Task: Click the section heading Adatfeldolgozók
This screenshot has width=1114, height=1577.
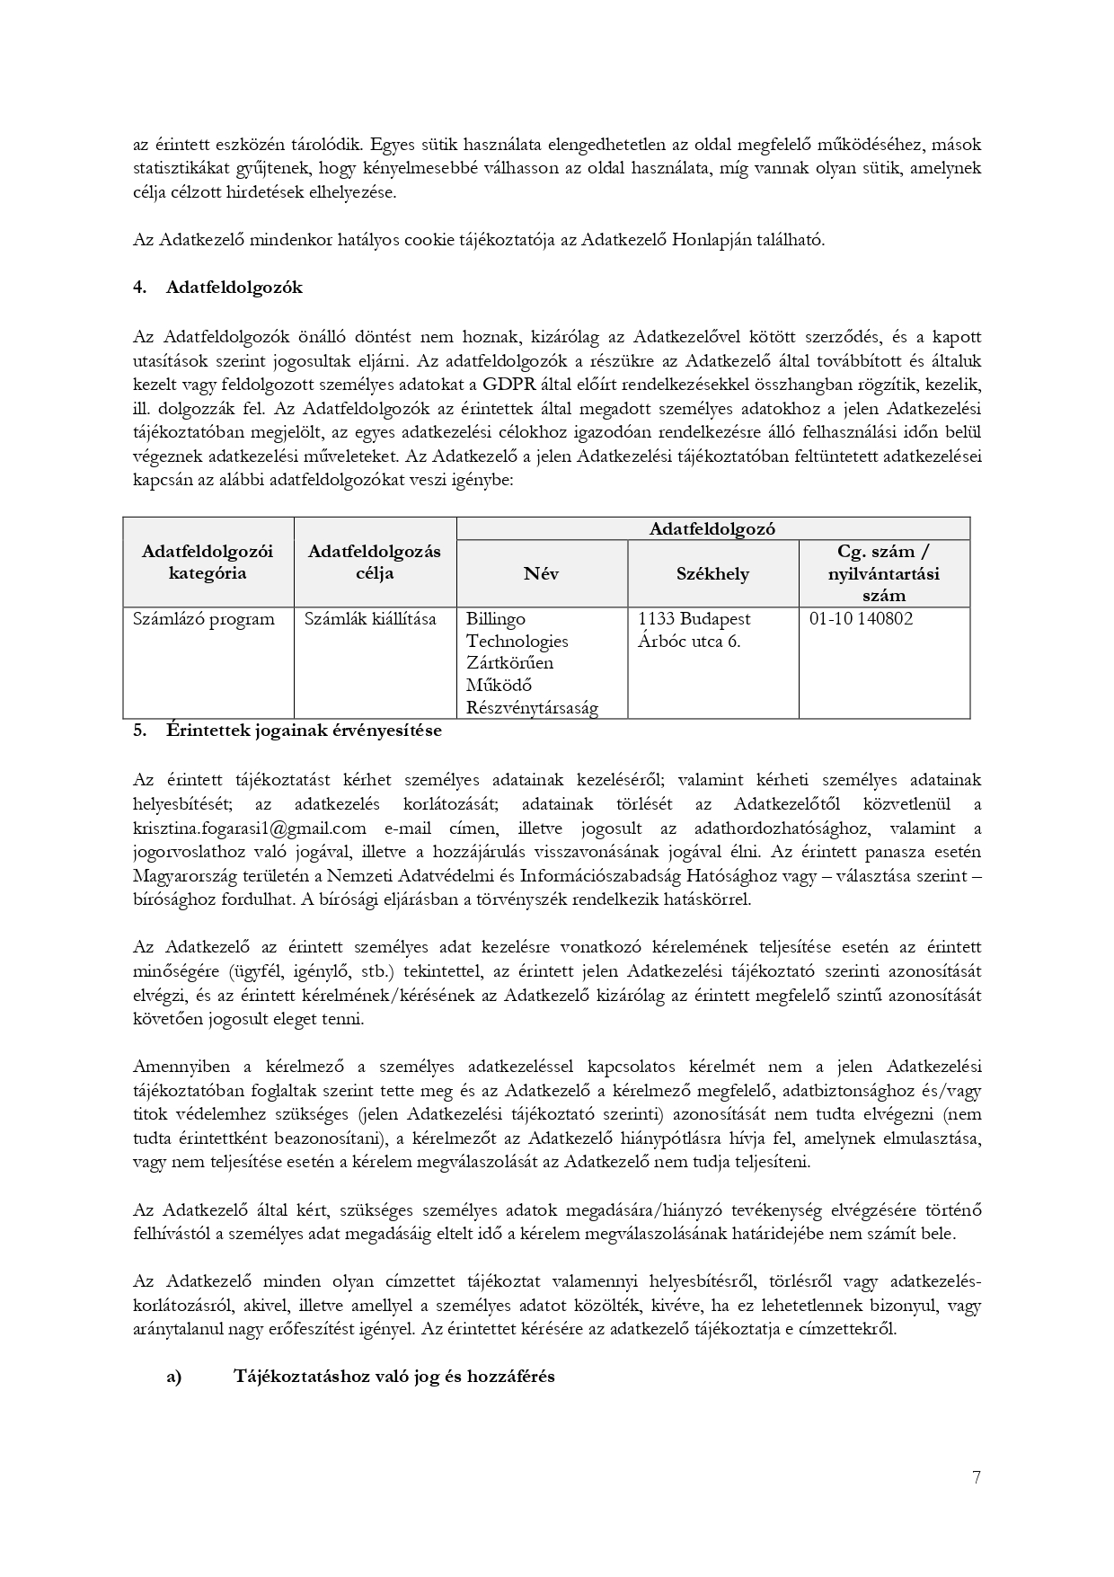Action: (234, 288)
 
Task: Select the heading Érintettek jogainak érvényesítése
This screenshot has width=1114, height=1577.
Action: (304, 730)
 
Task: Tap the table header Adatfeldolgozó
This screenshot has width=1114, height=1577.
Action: (712, 528)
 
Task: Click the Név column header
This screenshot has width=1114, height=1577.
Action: (541, 573)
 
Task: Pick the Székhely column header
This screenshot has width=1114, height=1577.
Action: (712, 573)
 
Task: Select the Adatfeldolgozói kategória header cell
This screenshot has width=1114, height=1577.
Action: (208, 562)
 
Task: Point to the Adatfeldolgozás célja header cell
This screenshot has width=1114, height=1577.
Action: (375, 562)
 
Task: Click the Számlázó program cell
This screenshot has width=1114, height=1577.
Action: (204, 619)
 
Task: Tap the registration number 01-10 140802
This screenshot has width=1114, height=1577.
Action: (861, 619)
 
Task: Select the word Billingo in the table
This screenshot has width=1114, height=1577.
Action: (496, 619)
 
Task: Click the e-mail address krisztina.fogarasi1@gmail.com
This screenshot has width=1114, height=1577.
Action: (250, 828)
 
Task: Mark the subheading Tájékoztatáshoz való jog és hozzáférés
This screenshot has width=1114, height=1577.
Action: (393, 1376)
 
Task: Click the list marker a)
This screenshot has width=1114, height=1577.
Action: (173, 1376)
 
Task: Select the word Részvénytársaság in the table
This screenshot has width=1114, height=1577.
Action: (532, 707)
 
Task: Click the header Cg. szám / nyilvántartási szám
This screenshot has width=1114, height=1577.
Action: (884, 572)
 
